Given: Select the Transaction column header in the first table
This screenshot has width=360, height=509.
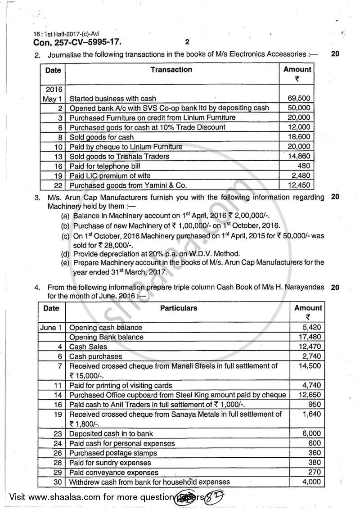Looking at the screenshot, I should click(x=171, y=70).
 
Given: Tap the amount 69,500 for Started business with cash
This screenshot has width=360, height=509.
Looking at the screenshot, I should click(x=299, y=98).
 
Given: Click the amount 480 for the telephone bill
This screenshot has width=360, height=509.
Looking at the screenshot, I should click(x=304, y=166).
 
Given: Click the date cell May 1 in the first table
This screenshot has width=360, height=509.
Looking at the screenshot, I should click(x=53, y=98).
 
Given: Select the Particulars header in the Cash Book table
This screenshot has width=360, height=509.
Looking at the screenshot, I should click(x=178, y=308).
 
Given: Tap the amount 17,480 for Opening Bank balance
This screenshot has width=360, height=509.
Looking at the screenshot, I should click(x=311, y=337).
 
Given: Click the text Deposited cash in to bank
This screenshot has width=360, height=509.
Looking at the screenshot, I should click(x=111, y=433).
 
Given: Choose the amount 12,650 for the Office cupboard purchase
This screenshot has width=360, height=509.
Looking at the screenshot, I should click(x=311, y=395).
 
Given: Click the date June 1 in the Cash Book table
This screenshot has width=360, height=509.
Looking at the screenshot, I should click(x=51, y=327).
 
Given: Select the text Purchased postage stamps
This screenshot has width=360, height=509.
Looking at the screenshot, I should click(x=113, y=453).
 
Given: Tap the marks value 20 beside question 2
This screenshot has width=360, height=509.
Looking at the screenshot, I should click(x=335, y=54).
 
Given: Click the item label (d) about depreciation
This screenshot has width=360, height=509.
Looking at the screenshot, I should click(x=66, y=253).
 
